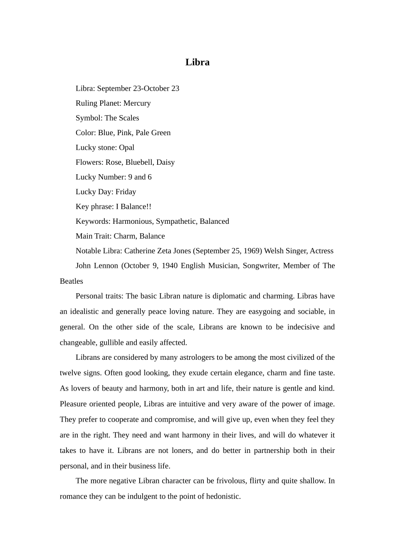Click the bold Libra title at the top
197,62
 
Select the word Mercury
137,103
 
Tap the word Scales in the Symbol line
128,118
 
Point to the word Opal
126,148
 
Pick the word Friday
126,192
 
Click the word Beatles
72,281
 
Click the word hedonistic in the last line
223,496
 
